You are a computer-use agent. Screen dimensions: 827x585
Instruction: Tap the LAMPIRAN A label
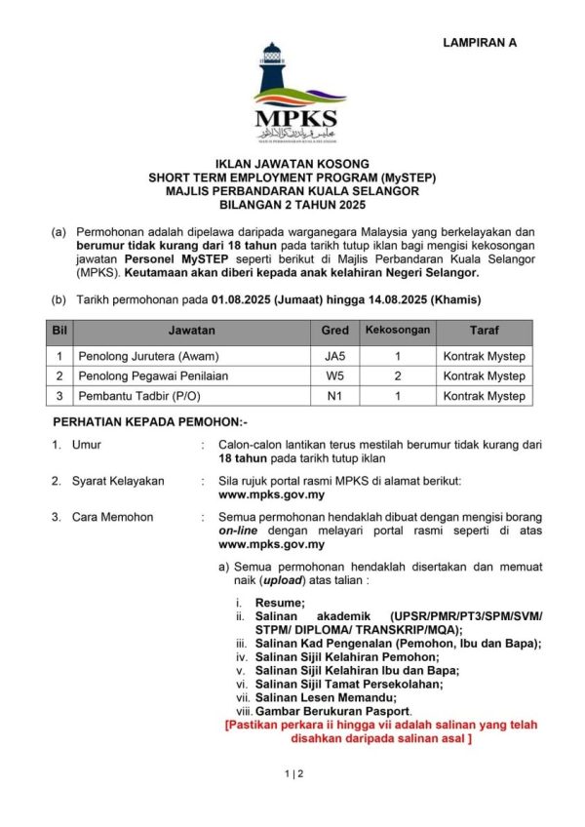(x=480, y=43)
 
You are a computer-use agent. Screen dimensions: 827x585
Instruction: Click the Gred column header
(x=334, y=331)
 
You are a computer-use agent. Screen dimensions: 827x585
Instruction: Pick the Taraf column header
(x=484, y=331)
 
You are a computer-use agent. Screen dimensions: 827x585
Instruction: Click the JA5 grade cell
(x=334, y=356)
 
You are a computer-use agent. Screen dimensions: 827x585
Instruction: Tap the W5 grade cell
(x=334, y=375)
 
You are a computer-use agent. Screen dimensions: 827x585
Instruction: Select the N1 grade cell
(x=334, y=396)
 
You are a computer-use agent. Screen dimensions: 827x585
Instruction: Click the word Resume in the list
(x=280, y=603)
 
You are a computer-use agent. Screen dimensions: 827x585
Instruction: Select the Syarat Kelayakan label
(x=118, y=481)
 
